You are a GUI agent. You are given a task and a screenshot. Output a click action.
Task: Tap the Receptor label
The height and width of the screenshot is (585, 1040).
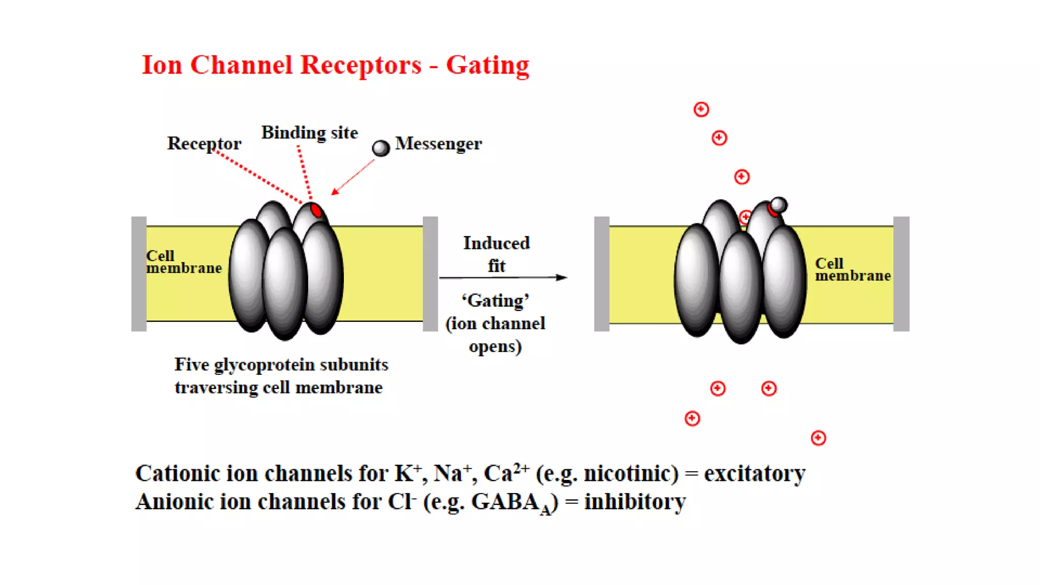204,144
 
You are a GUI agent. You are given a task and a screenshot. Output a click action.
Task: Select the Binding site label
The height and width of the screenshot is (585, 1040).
309,133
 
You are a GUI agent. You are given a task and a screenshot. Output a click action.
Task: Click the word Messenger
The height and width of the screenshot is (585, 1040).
438,144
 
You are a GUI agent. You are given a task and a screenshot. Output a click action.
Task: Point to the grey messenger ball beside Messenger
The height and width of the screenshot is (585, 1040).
381,148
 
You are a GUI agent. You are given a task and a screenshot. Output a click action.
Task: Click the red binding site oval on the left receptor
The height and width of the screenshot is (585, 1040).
316,210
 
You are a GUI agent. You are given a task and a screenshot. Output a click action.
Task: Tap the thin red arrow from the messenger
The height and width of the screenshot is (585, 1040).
353,177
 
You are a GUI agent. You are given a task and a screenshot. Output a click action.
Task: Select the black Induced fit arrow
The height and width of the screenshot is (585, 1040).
503,277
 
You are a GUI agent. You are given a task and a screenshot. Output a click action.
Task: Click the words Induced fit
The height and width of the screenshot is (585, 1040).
496,254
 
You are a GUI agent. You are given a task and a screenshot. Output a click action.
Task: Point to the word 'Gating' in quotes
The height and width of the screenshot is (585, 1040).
496,301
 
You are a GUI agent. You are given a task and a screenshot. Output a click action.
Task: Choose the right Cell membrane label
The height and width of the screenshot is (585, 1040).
852,270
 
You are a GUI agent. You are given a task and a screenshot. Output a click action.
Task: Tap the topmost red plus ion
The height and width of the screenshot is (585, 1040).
701,109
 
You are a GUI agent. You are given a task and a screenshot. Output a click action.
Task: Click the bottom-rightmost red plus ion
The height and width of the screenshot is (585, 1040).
818,438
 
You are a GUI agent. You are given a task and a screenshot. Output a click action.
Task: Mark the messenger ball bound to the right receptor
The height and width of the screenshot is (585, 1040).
778,205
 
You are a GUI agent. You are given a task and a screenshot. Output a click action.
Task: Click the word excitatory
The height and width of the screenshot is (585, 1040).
755,474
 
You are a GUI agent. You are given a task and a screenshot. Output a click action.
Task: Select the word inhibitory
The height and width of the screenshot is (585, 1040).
635,502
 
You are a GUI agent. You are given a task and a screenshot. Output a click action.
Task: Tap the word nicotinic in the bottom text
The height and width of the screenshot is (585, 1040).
631,474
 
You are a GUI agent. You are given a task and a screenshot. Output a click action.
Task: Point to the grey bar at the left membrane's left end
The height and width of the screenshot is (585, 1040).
139,274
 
